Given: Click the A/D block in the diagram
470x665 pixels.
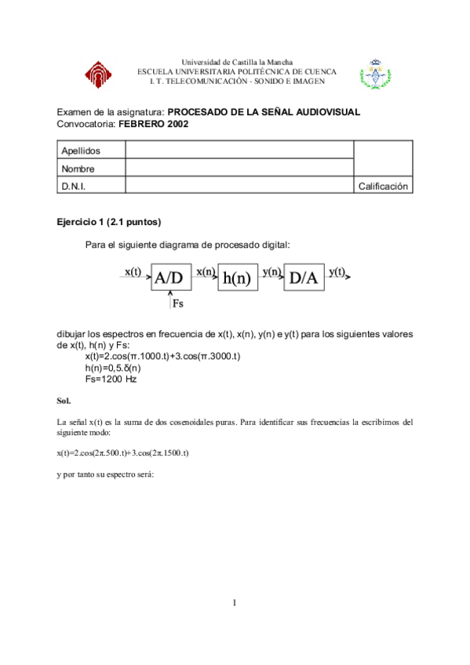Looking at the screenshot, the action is click(170, 278).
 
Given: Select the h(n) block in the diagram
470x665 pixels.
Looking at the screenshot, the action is click(236, 278).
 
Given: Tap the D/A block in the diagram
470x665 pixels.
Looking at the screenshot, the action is click(303, 278).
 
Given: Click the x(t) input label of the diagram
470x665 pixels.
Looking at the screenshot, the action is click(133, 271).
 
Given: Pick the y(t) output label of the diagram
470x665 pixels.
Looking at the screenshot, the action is click(337, 271).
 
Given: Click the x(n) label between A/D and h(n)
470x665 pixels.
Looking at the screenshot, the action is click(206, 271).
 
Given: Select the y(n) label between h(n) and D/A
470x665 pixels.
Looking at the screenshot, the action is click(271, 271).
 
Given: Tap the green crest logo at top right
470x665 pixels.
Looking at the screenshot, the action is click(374, 74).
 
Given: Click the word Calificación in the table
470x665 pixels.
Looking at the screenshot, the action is click(383, 187).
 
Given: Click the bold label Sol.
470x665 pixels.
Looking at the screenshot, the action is click(64, 401).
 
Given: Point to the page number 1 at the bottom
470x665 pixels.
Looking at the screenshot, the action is click(234, 602).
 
